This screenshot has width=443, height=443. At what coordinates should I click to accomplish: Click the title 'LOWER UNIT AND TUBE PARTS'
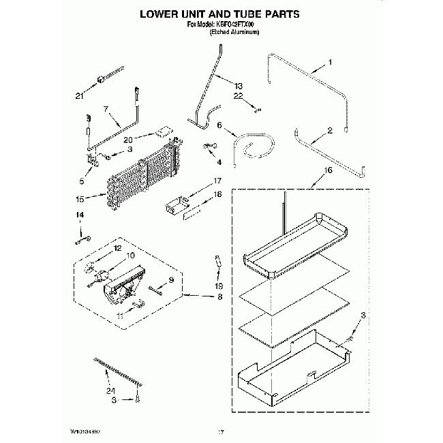[220, 13]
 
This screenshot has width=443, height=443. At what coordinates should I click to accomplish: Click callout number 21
[79, 96]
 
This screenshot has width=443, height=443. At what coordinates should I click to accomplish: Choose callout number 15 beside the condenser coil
[80, 199]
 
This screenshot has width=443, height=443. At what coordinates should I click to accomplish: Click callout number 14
[80, 215]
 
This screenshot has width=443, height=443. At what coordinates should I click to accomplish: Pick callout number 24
[109, 391]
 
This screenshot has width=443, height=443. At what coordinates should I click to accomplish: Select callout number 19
[218, 286]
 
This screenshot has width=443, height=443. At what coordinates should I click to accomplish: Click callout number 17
[218, 181]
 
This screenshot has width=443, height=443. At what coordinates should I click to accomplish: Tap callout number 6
[219, 125]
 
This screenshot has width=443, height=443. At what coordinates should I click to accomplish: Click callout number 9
[172, 280]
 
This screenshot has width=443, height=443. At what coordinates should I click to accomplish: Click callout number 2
[330, 129]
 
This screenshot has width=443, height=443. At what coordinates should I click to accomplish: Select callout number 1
[330, 63]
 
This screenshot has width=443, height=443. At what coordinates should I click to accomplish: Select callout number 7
[106, 108]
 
